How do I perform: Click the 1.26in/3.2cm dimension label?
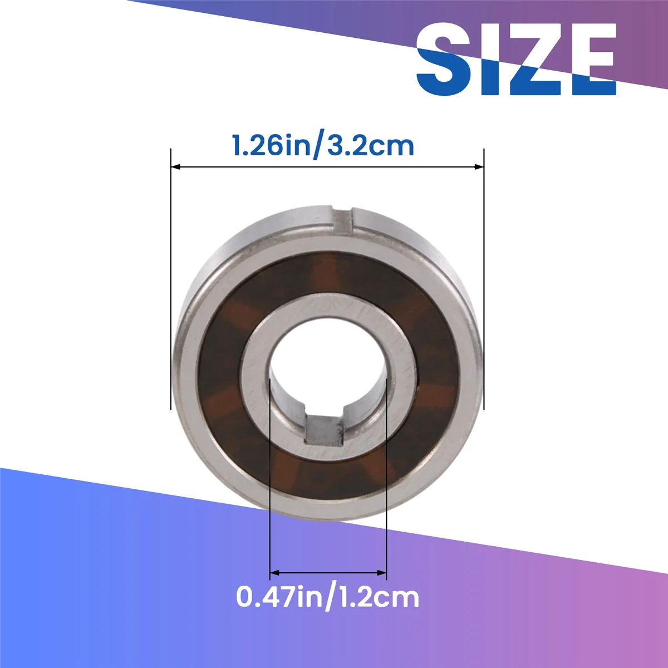point(323,145)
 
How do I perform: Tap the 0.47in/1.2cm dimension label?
point(327,597)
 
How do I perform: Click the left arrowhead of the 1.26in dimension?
point(175,166)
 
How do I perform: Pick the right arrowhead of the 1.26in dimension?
point(479,166)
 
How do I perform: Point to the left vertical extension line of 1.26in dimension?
point(171,278)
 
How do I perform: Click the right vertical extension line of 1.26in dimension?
point(484,278)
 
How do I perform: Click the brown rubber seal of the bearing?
point(223,362)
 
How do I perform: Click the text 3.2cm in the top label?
point(370,145)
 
